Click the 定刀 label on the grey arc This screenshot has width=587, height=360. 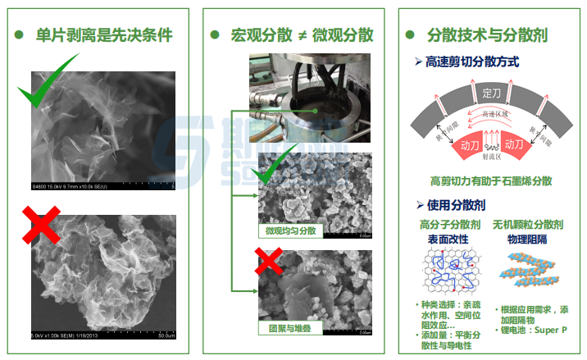[x=492, y=91]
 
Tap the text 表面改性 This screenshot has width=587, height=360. [x=448, y=239]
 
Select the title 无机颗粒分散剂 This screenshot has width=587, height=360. [x=527, y=223]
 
